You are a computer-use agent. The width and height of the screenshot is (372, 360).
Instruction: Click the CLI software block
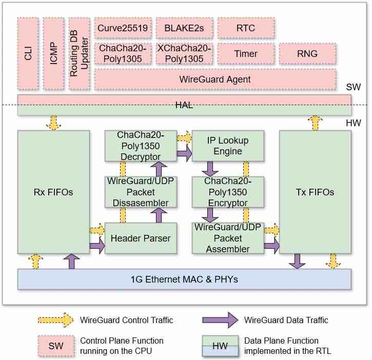click(28, 53)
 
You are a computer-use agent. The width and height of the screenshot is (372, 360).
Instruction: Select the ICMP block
click(53, 53)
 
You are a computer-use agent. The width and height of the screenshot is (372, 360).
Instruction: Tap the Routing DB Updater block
click(79, 53)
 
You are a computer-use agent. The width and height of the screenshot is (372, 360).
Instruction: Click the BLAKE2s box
click(184, 29)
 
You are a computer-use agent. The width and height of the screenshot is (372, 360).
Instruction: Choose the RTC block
click(246, 29)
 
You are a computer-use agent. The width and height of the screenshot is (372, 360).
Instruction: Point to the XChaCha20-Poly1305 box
click(184, 53)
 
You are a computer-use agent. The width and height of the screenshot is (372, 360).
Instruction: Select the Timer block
click(246, 53)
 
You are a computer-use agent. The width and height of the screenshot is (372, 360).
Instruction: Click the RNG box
click(307, 53)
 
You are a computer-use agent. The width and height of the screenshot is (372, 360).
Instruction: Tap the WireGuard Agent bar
click(215, 79)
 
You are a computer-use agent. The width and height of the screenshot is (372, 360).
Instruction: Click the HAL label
click(184, 105)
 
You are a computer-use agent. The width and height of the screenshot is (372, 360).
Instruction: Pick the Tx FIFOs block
click(316, 192)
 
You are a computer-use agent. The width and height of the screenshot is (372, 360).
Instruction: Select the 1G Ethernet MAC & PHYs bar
click(184, 279)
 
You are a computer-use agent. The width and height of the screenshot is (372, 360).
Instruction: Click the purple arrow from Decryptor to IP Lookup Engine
click(184, 152)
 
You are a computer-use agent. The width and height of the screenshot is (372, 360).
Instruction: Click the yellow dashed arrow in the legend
click(55, 320)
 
